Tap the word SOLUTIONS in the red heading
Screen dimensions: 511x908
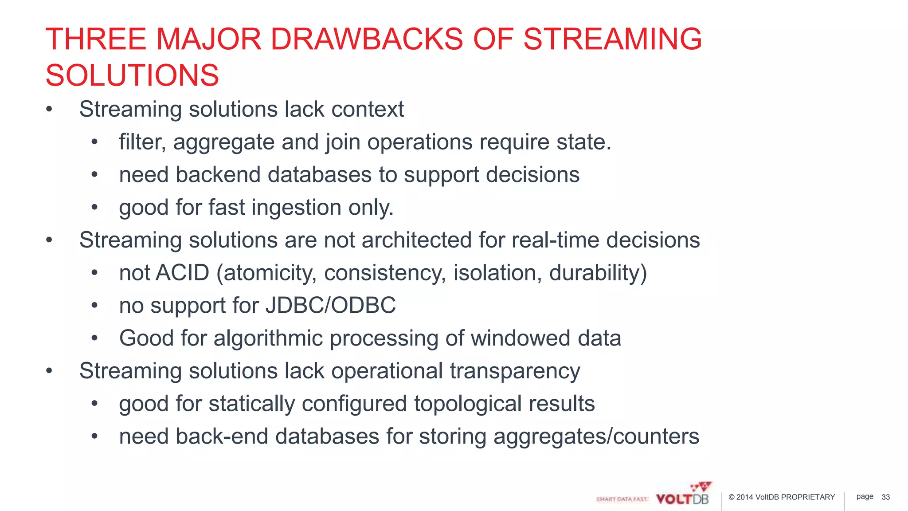coord(132,75)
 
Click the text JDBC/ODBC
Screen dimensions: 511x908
coord(330,305)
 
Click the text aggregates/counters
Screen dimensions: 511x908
coord(596,436)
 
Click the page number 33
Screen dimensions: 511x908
coord(885,497)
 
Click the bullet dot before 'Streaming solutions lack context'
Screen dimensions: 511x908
coord(49,110)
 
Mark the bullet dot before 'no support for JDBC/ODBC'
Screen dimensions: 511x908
coord(94,306)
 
